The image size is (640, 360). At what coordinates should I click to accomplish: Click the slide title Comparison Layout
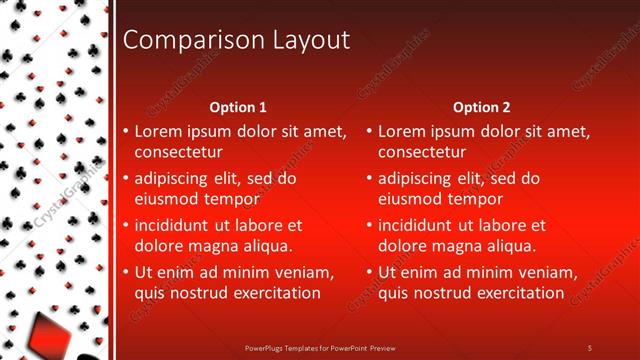[x=235, y=40]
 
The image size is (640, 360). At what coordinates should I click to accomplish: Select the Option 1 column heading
[x=238, y=107]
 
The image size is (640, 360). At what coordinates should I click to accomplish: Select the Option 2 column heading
[x=482, y=107]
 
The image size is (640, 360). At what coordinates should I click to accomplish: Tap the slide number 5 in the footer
[x=590, y=347]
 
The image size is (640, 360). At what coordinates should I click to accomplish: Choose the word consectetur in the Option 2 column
[x=422, y=152]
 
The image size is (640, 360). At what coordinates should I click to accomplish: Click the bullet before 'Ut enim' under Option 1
[x=125, y=273]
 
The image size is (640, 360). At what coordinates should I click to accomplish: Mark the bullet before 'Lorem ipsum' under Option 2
[x=369, y=132]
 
